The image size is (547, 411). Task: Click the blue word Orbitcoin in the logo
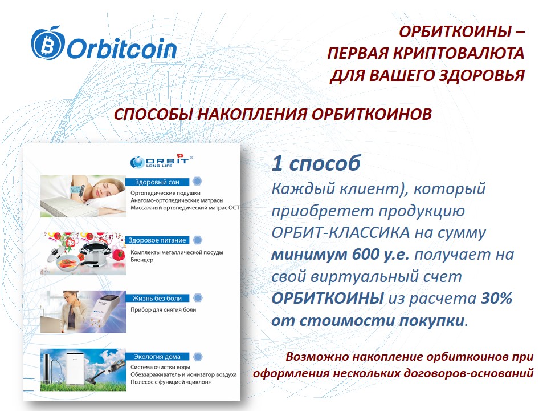tap(122, 49)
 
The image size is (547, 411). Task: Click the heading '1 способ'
tap(316, 163)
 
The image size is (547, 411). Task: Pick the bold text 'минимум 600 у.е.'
tap(340, 255)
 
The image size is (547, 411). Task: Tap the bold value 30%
tap(496, 298)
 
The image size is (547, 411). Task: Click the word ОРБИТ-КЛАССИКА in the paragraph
tap(341, 233)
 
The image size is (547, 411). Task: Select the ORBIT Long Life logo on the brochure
tap(161, 161)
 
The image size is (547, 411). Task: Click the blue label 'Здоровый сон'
tap(157, 182)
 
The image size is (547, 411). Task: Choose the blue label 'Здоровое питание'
tap(157, 240)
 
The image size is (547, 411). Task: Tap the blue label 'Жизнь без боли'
tap(157, 298)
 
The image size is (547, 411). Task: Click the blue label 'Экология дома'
tap(157, 357)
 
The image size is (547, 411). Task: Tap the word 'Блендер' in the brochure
tap(142, 260)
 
